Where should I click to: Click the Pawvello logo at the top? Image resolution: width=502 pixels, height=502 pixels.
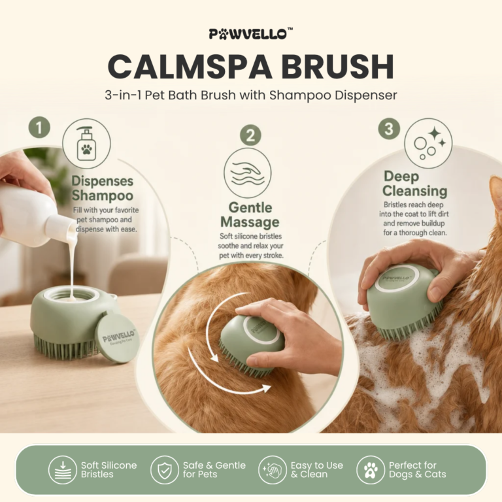coord(251,33)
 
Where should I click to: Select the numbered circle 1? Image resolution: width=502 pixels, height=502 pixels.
coord(39,127)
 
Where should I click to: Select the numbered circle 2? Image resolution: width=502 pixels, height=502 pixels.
coord(250,135)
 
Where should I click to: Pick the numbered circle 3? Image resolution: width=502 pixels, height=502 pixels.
coord(389,129)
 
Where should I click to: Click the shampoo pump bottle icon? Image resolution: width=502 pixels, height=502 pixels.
coord(86,144)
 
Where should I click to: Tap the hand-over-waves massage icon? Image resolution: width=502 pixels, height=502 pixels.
coord(248,173)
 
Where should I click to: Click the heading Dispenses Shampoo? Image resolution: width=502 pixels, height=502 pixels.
coord(103,188)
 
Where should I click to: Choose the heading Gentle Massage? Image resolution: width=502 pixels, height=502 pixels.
coord(250,215)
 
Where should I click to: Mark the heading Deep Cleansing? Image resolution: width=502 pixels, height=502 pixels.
coord(414,184)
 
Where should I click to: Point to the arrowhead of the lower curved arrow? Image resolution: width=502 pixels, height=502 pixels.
coord(266,388)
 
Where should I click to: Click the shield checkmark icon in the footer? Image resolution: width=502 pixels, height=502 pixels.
coord(165,470)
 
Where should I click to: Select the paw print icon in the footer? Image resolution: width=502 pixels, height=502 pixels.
coord(371,470)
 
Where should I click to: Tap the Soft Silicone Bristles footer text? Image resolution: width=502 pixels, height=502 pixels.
coord(109,470)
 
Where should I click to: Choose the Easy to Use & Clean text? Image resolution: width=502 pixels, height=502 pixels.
coord(316,470)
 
